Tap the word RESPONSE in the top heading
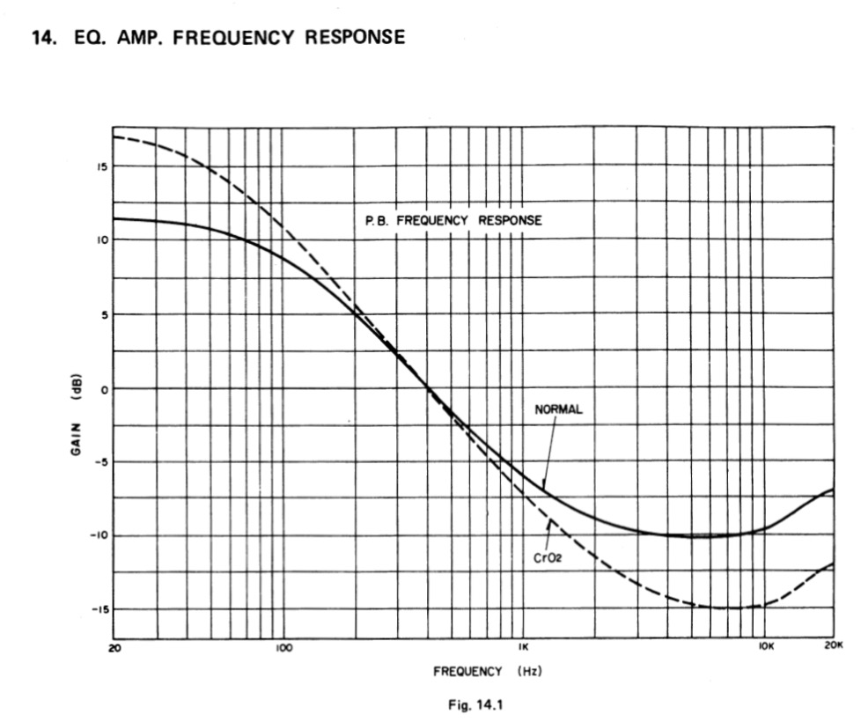pyautogui.click(x=356, y=38)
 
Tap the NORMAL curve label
pyautogui.click(x=558, y=409)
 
